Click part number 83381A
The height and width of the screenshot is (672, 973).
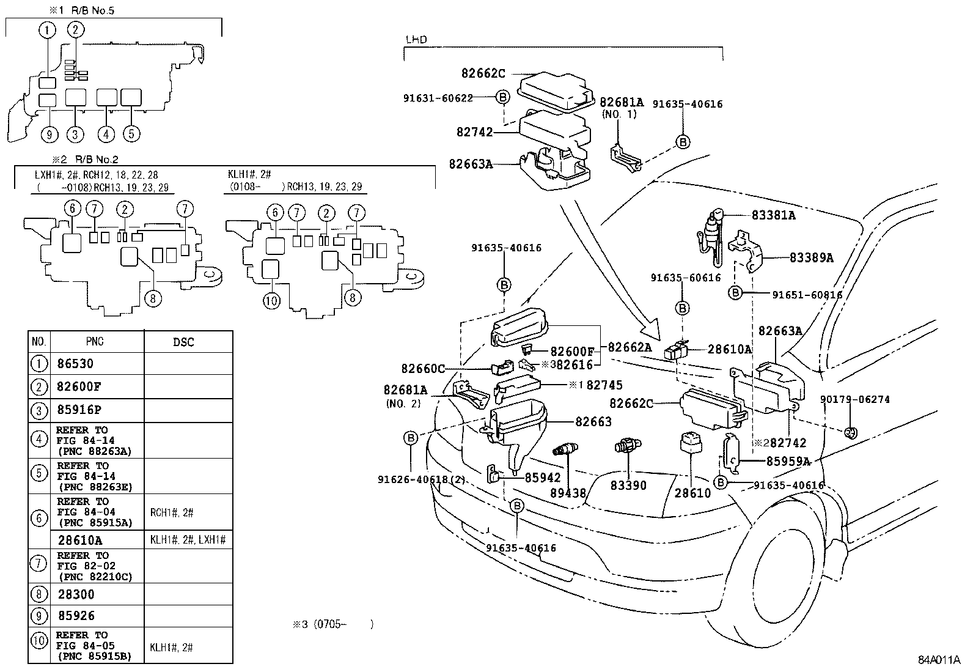tap(773, 216)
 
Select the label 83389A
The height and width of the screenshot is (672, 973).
tap(811, 258)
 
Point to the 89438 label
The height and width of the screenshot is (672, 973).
tap(568, 492)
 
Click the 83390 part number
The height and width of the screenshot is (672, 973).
tap(628, 486)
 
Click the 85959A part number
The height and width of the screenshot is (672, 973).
tap(788, 462)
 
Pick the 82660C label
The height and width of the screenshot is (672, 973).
tap(423, 369)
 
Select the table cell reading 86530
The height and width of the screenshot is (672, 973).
tap(75, 364)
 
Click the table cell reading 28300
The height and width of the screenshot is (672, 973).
tap(76, 593)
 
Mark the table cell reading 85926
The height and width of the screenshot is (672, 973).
tap(76, 616)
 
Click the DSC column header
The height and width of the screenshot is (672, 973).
tap(183, 342)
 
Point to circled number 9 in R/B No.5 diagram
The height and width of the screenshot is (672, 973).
tap(50, 134)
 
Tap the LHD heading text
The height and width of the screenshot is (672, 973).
tap(416, 40)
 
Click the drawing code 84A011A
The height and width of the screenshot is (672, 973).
tap(939, 660)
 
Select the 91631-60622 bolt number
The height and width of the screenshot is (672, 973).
tap(438, 97)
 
